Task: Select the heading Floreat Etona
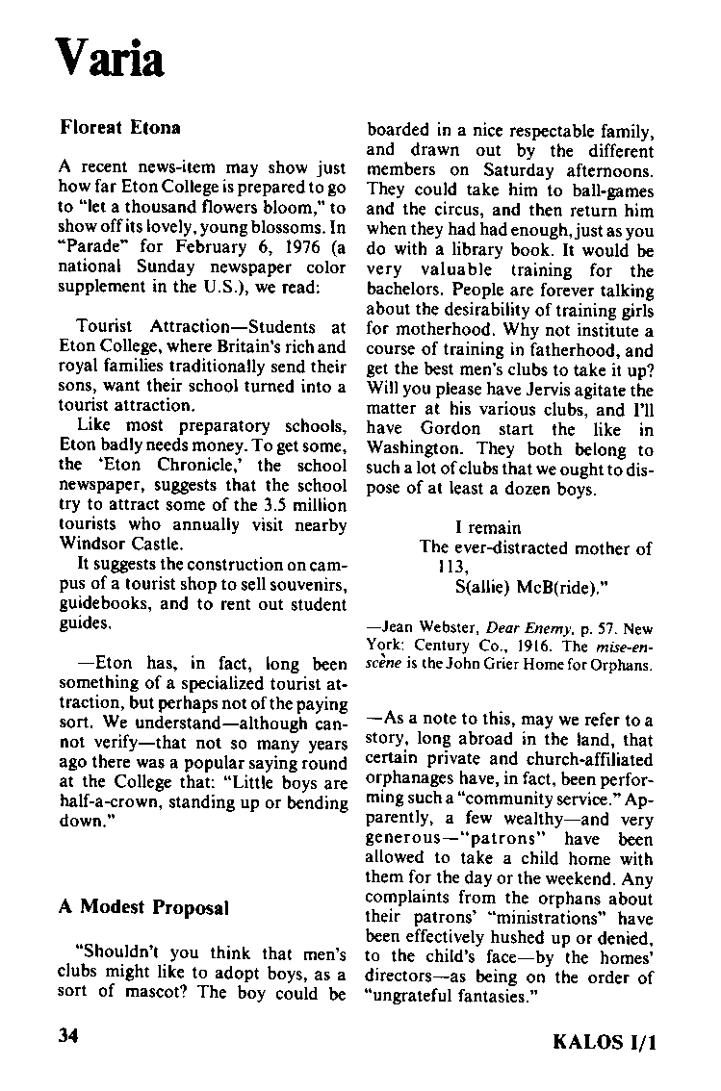120,127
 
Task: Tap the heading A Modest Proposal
143,907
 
